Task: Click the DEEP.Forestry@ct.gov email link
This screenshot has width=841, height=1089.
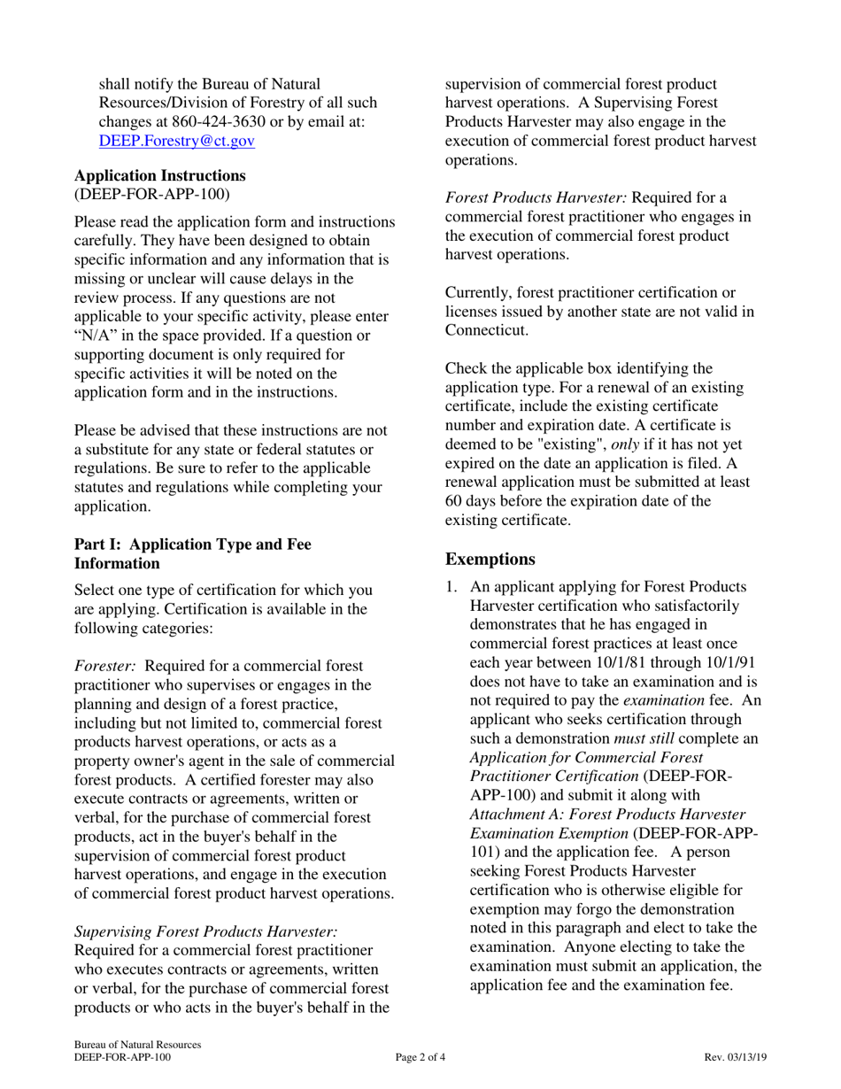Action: (x=177, y=140)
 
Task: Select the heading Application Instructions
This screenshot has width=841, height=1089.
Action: (x=160, y=175)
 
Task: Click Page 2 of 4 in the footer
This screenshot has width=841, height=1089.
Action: (x=420, y=1057)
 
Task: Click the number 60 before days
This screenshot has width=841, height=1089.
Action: (x=453, y=501)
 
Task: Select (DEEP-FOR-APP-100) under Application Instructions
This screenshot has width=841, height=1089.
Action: (x=151, y=192)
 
